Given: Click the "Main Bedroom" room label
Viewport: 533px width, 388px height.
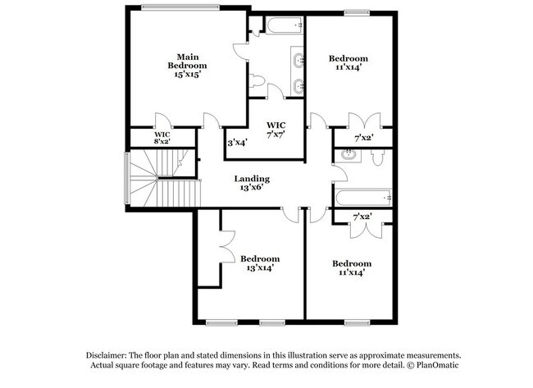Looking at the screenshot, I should click(187, 60).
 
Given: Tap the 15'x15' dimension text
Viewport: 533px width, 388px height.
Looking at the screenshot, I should click(187, 74).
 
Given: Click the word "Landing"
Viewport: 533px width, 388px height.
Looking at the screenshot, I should click(252, 179).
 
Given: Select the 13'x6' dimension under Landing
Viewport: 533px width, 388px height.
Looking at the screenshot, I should click(252, 189).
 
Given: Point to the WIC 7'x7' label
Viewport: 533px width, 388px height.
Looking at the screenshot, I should click(276, 130).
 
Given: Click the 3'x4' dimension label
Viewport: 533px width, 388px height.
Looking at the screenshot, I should click(238, 142).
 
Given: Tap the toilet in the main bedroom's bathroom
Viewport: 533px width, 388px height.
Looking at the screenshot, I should click(257, 81).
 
